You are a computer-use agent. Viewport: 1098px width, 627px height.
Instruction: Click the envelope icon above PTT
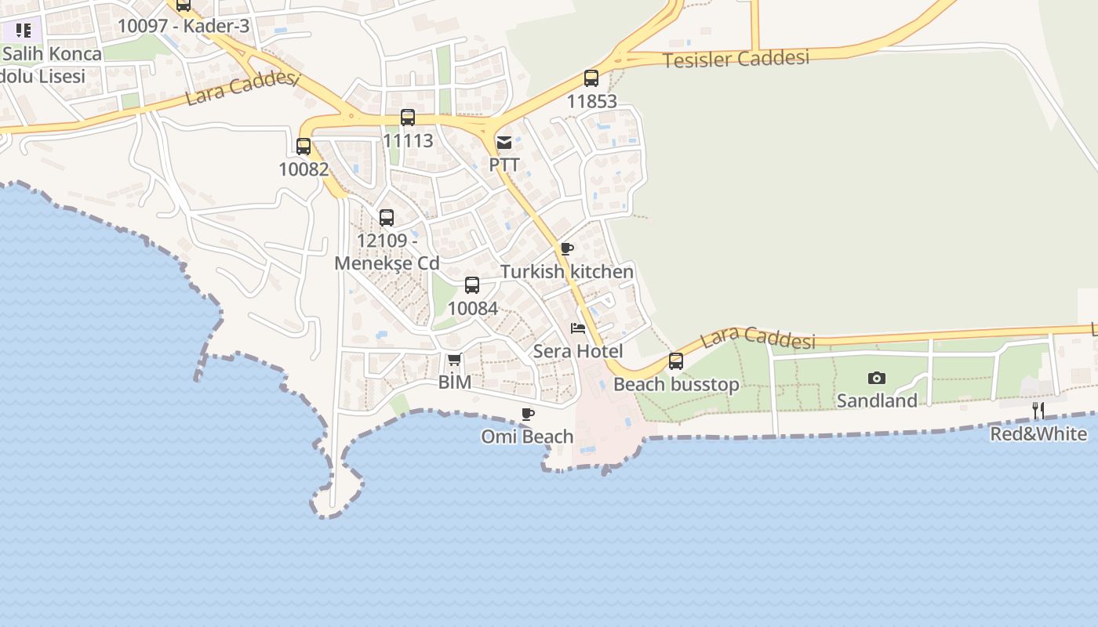pyautogui.click(x=504, y=143)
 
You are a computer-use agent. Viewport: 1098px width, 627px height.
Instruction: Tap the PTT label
pyautogui.click(x=504, y=165)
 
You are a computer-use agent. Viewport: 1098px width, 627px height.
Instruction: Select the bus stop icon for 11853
pyautogui.click(x=591, y=78)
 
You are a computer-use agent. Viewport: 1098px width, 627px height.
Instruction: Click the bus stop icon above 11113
pyautogui.click(x=408, y=118)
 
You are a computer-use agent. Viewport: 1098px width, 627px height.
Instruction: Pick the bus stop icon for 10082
pyautogui.click(x=304, y=146)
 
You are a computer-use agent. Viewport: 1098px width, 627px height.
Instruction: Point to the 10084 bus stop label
pyautogui.click(x=472, y=308)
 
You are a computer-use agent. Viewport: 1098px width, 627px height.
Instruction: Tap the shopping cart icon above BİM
pyautogui.click(x=454, y=360)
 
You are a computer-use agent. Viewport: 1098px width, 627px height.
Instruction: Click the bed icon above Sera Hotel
pyautogui.click(x=578, y=328)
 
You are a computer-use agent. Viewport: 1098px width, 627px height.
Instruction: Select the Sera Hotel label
pyautogui.click(x=578, y=351)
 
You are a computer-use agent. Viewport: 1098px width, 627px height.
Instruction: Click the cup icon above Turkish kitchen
pyautogui.click(x=567, y=249)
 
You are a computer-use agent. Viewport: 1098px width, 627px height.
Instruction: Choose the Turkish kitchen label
pyautogui.click(x=567, y=272)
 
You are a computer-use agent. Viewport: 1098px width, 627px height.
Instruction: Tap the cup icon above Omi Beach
pyautogui.click(x=528, y=414)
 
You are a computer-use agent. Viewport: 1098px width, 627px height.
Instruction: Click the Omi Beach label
pyautogui.click(x=527, y=437)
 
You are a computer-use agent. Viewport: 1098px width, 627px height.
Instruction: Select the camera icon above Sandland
pyautogui.click(x=877, y=379)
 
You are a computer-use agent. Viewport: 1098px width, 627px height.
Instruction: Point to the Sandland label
pyautogui.click(x=877, y=400)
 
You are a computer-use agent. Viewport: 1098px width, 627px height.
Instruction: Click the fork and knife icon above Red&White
pyautogui.click(x=1038, y=411)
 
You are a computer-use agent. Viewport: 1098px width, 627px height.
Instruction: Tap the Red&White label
pyautogui.click(x=1038, y=433)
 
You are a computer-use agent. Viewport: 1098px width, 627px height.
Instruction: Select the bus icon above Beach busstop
pyautogui.click(x=676, y=361)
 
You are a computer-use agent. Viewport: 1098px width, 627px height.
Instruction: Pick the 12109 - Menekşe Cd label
pyautogui.click(x=387, y=252)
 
